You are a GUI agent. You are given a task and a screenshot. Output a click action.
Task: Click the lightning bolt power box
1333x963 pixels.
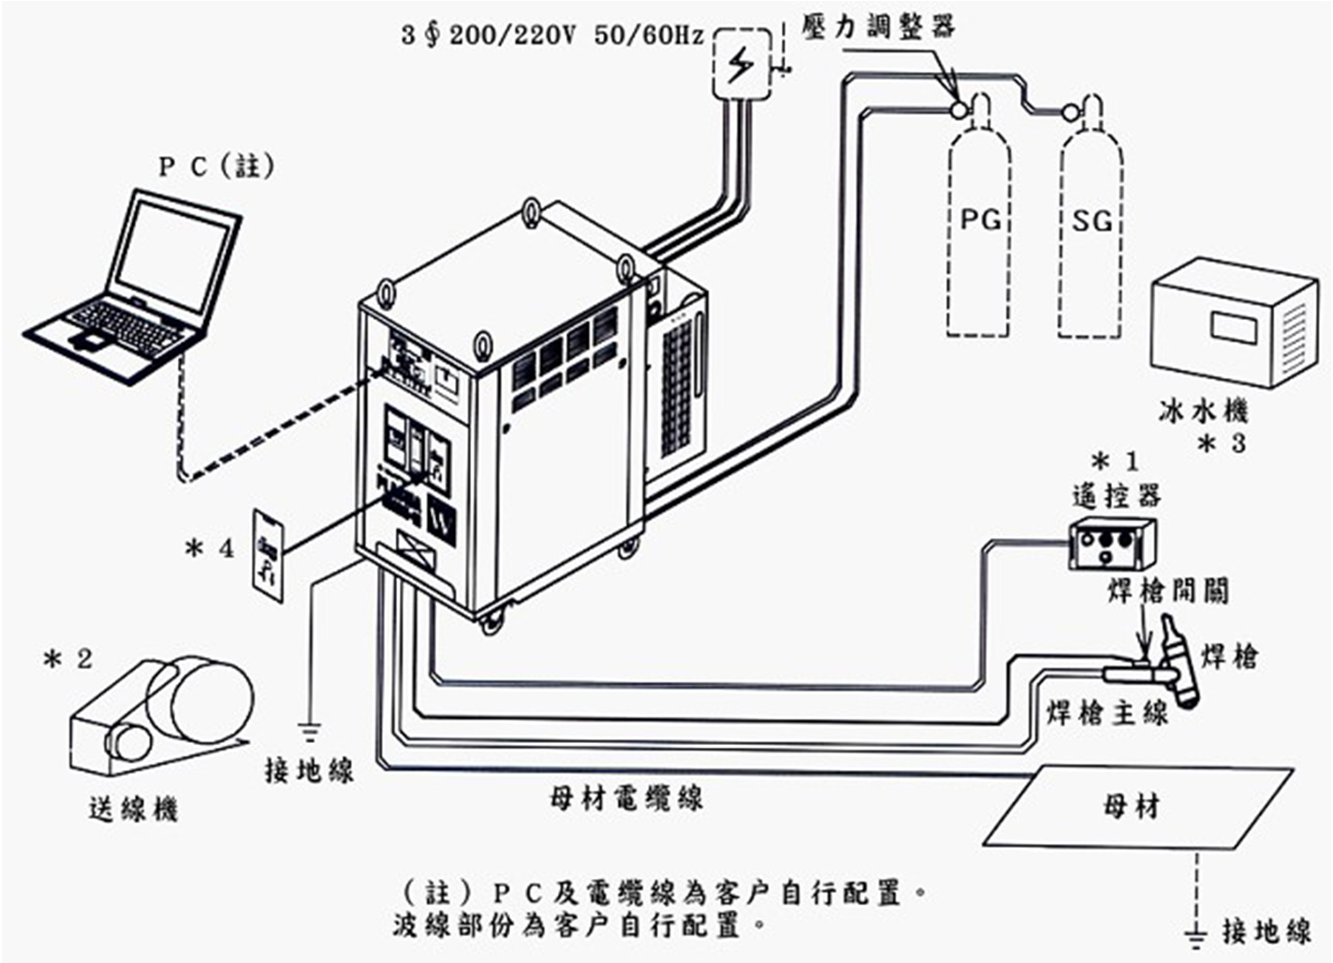(x=742, y=64)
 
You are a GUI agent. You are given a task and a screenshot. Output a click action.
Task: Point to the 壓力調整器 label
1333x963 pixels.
(x=878, y=26)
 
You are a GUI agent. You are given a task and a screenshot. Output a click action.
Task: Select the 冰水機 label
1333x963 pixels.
(x=1202, y=411)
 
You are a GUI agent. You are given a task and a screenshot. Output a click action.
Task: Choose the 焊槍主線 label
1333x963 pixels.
(x=1106, y=713)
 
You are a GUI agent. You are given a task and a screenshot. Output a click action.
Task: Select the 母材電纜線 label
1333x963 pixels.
(x=625, y=798)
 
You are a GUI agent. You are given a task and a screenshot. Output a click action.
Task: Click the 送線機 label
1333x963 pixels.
(x=133, y=808)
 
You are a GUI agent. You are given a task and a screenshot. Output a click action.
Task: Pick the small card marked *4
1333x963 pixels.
(x=269, y=549)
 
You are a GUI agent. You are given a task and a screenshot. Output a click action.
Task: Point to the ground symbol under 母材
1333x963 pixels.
(x=1195, y=931)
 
